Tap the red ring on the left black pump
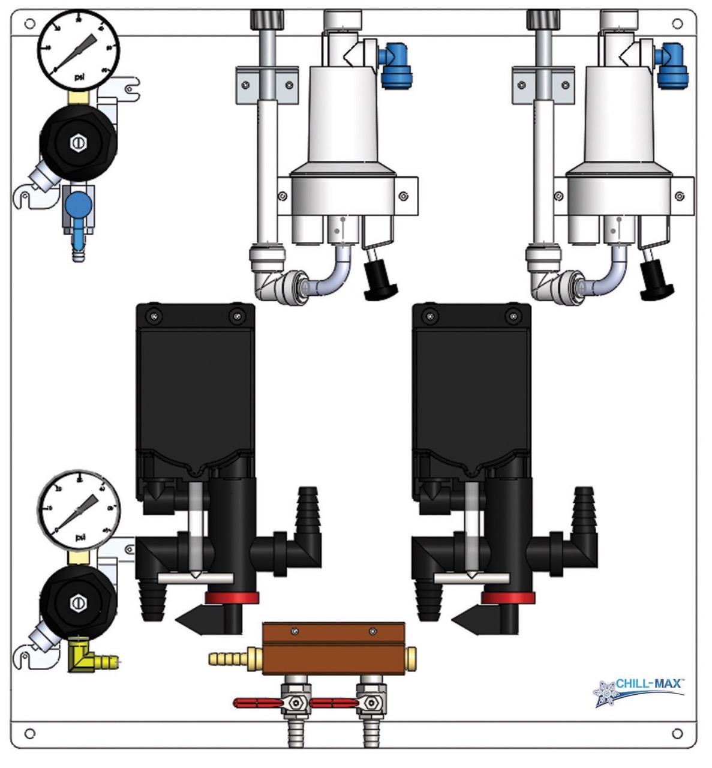click(x=232, y=598)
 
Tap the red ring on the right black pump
click(x=508, y=598)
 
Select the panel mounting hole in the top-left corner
click(x=29, y=24)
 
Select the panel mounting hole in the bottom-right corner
click(x=677, y=733)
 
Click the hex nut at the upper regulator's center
click(x=78, y=142)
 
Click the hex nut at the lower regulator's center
click(x=78, y=602)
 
